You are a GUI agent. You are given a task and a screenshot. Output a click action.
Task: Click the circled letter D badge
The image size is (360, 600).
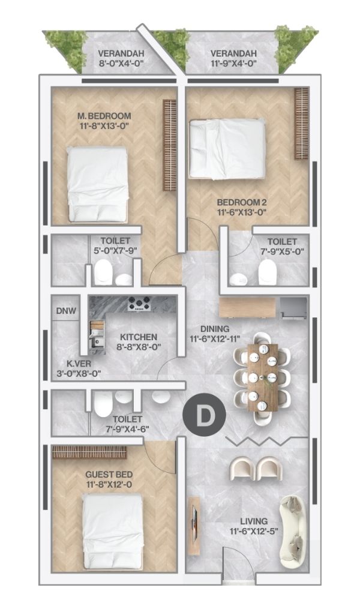click(x=204, y=415)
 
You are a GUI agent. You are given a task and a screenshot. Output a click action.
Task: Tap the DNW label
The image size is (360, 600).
click(x=66, y=311)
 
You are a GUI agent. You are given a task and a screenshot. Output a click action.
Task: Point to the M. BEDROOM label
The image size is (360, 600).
click(x=104, y=116)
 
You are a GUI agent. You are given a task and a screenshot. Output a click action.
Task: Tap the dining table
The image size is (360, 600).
click(x=263, y=377)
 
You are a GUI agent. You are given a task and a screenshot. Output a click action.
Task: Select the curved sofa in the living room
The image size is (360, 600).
click(x=293, y=532)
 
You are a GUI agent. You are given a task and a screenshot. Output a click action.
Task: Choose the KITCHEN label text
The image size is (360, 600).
click(x=139, y=337)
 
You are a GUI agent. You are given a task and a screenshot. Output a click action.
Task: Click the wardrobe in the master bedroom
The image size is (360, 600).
click(x=169, y=145)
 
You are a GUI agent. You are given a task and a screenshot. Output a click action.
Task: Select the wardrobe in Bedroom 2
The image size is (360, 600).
click(x=301, y=124)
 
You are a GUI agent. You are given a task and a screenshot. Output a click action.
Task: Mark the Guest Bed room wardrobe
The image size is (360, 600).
click(x=89, y=452)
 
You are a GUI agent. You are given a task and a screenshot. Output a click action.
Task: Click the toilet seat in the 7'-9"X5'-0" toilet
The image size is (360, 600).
click(x=266, y=272)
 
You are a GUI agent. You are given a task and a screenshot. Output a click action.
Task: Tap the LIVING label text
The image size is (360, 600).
click(x=254, y=521)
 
